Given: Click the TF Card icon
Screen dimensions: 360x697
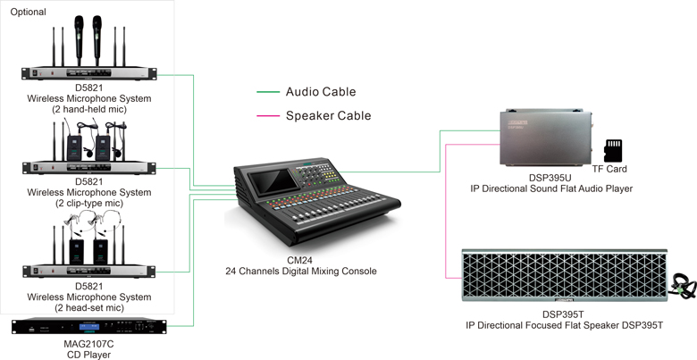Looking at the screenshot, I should (614, 149).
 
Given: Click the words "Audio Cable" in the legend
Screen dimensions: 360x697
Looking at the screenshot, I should (321, 92).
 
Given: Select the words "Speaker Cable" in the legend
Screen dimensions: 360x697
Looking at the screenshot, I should (328, 116).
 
